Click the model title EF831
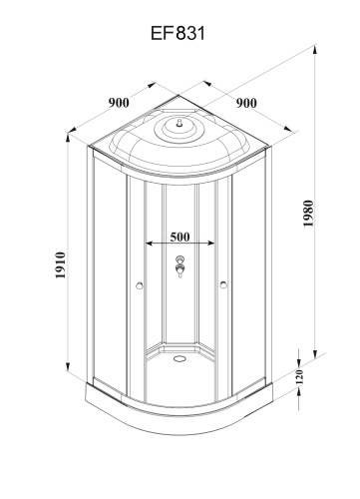[x=180, y=34]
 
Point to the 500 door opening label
[x=180, y=236]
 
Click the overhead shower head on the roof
[x=179, y=124]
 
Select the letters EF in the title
[x=162, y=34]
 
